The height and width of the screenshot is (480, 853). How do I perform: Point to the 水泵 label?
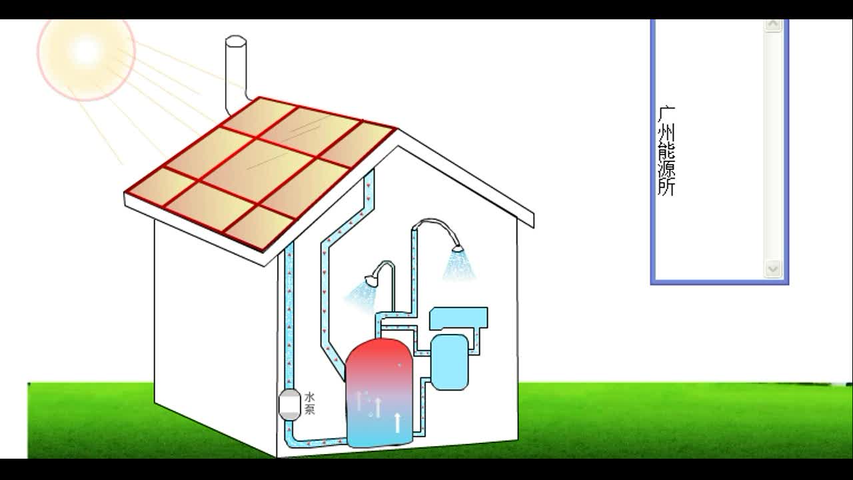click(309, 403)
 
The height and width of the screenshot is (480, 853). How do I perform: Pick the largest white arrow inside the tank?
click(398, 422)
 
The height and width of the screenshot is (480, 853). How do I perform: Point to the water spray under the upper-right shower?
click(460, 267)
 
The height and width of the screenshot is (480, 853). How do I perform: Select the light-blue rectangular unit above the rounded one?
click(458, 318)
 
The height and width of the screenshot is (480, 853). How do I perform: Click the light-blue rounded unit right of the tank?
click(450, 361)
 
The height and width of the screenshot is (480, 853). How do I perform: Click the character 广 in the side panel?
click(666, 115)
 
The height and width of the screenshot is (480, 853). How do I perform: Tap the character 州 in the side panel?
click(666, 133)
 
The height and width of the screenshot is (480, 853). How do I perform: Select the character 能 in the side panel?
click(666, 151)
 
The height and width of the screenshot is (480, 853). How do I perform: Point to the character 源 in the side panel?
click(666, 169)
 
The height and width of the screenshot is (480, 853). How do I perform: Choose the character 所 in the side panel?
click(666, 187)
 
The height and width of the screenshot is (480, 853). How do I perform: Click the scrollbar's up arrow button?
click(773, 25)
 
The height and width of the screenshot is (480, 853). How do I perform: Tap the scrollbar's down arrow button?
click(773, 269)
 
